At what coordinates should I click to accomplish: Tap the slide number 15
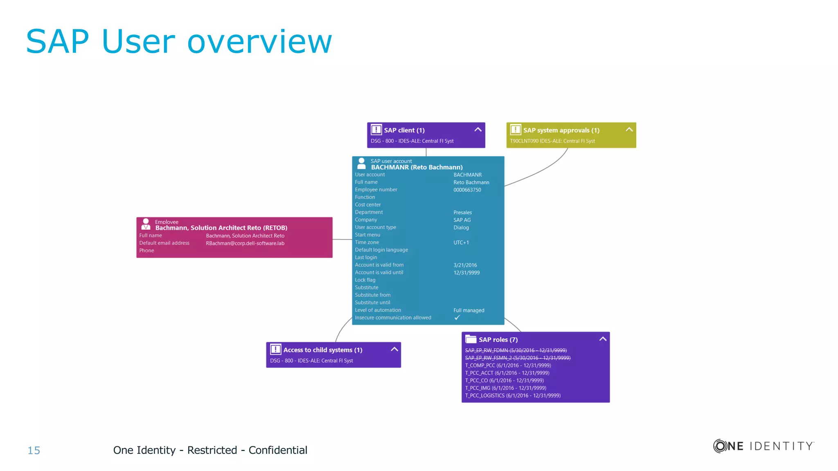tap(34, 451)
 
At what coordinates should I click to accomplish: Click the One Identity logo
tap(764, 446)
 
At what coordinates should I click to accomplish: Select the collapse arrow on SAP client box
tap(478, 130)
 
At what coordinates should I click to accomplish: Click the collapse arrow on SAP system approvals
tap(629, 130)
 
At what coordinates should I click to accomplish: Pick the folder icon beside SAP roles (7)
tap(471, 339)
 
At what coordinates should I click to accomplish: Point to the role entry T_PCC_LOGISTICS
tap(513, 396)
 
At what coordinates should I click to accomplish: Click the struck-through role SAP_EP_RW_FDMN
tap(516, 350)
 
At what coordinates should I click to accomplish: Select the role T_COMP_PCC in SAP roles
tap(508, 366)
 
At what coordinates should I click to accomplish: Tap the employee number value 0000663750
tap(467, 190)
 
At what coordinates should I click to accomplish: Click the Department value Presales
tap(462, 213)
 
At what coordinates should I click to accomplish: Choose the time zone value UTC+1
tap(461, 243)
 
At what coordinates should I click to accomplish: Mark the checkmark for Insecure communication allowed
tap(457, 318)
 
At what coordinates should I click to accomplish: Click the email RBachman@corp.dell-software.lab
tap(245, 243)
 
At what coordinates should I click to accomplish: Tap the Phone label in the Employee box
tap(146, 251)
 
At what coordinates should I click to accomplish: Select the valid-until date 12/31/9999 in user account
tap(466, 273)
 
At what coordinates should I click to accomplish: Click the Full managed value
tap(469, 311)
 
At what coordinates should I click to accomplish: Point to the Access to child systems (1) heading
tap(322, 350)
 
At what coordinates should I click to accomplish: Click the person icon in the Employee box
tap(146, 224)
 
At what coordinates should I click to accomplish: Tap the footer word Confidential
tap(278, 450)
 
